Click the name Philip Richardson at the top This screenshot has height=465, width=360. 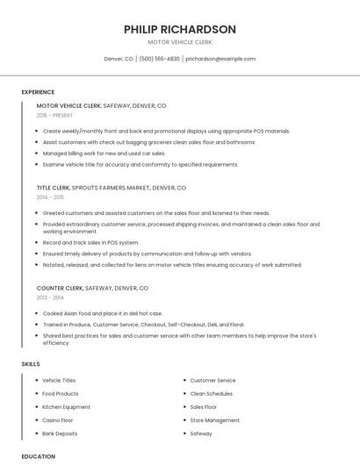tap(179, 29)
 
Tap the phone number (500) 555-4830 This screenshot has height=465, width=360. tap(159, 59)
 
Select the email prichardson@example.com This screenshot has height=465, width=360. tap(220, 59)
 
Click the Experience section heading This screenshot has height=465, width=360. tap(38, 92)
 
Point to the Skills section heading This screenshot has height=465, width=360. tap(31, 363)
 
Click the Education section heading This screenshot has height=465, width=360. tap(39, 456)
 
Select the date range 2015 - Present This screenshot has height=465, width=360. tap(55, 115)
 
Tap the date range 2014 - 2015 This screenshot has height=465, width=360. tap(51, 197)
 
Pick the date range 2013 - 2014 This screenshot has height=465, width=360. tap(51, 297)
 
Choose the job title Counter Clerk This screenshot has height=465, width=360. tap(60, 288)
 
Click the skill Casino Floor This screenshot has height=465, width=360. tap(58, 420)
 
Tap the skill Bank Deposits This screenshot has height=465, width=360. tap(60, 433)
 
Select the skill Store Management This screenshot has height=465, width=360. tap(214, 420)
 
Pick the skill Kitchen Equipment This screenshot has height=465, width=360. tap(66, 407)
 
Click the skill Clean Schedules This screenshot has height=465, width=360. tap(212, 394)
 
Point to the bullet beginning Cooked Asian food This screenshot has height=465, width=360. tap(103, 313)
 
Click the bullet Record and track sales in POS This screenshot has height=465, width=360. tap(90, 242)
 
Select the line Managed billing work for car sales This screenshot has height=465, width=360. tap(104, 153)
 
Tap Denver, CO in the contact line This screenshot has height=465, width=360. tap(119, 59)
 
